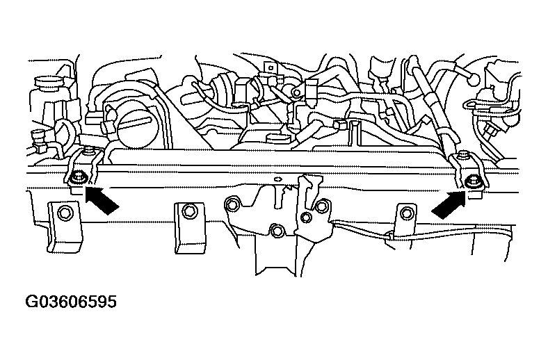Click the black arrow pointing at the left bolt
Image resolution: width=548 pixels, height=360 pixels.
[x=102, y=199]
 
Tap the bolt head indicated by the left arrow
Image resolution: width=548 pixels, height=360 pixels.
[x=76, y=179]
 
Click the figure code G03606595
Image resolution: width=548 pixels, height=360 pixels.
[x=71, y=302]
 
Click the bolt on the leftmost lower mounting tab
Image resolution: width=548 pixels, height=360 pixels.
[x=65, y=213]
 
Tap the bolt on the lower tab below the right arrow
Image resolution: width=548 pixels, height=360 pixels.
[x=405, y=213]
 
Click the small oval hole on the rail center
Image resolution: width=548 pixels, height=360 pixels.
[x=278, y=179]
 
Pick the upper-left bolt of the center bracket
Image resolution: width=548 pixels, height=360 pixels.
[x=232, y=204]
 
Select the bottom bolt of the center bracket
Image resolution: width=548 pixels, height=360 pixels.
[x=277, y=231]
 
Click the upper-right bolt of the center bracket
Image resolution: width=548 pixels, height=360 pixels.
[x=321, y=206]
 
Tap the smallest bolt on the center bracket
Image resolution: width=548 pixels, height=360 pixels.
[x=306, y=218]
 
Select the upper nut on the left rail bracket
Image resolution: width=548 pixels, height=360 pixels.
[x=90, y=152]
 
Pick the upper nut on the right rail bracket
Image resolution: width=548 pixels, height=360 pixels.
[x=463, y=155]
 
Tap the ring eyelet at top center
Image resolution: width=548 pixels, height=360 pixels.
[x=296, y=92]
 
